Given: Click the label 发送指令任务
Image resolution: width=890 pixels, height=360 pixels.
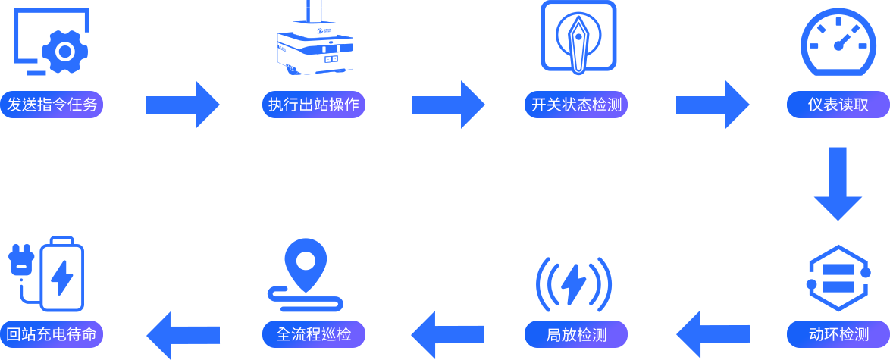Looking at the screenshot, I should pyautogui.click(x=52, y=105).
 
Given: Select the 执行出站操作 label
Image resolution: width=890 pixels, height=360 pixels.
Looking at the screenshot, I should pyautogui.click(x=314, y=105).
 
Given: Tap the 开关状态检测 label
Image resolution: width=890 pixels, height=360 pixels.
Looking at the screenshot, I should pyautogui.click(x=576, y=105).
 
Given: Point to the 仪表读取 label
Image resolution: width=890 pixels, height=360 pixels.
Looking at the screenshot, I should pyautogui.click(x=838, y=105).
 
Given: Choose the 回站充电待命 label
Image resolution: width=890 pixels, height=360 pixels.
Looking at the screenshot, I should pyautogui.click(x=52, y=334).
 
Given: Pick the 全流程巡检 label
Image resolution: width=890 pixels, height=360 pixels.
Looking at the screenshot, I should pyautogui.click(x=314, y=334).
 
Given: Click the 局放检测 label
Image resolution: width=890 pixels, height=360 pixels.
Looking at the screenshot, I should pyautogui.click(x=576, y=334).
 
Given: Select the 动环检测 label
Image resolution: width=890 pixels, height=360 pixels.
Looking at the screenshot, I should pyautogui.click(x=838, y=334).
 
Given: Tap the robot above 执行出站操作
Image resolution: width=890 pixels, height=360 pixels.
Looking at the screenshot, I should pyautogui.click(x=315, y=38).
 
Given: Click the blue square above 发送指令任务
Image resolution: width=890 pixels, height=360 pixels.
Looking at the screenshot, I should pyautogui.click(x=52, y=42).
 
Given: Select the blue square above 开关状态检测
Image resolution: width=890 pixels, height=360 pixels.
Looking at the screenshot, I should pyautogui.click(x=578, y=38).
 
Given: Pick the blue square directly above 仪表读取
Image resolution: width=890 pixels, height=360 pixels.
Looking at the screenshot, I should pyautogui.click(x=838, y=42).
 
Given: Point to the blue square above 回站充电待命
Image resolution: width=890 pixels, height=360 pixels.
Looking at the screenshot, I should pyautogui.click(x=46, y=274).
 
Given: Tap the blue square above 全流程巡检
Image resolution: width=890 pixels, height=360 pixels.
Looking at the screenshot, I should pyautogui.click(x=305, y=275).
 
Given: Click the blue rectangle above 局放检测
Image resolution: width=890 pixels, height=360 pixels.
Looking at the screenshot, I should pyautogui.click(x=574, y=284).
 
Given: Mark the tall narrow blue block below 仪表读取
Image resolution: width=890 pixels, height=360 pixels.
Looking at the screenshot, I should pyautogui.click(x=838, y=184).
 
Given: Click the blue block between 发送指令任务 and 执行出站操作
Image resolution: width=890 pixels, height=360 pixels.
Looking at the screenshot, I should pyautogui.click(x=183, y=105).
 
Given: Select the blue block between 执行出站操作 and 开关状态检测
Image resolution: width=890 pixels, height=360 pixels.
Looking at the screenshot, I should pyautogui.click(x=449, y=105).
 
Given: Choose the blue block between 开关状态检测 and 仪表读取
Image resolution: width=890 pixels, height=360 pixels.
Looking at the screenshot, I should pyautogui.click(x=713, y=105).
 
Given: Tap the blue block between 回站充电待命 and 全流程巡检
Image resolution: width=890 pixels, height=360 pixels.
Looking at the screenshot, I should pyautogui.click(x=183, y=335).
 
